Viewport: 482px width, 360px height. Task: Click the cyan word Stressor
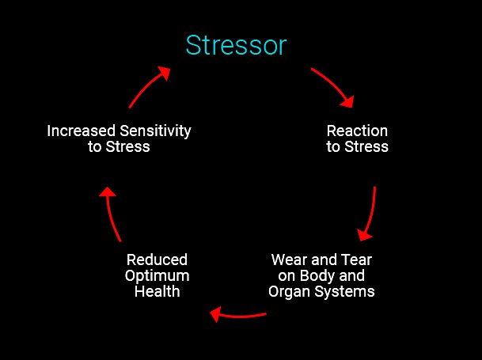pos(236,46)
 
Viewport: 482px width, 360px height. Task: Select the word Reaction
pos(358,131)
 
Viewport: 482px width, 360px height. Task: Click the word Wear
pos(290,260)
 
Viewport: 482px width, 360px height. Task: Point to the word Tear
pos(356,260)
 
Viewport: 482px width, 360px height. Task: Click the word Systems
pos(346,292)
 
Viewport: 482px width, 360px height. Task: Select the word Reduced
pos(157,260)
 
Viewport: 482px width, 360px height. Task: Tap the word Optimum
pos(157,276)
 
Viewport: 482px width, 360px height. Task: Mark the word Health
pos(157,292)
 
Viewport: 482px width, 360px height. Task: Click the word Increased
pos(82,131)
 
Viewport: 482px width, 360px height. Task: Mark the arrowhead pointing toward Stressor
pos(163,73)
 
